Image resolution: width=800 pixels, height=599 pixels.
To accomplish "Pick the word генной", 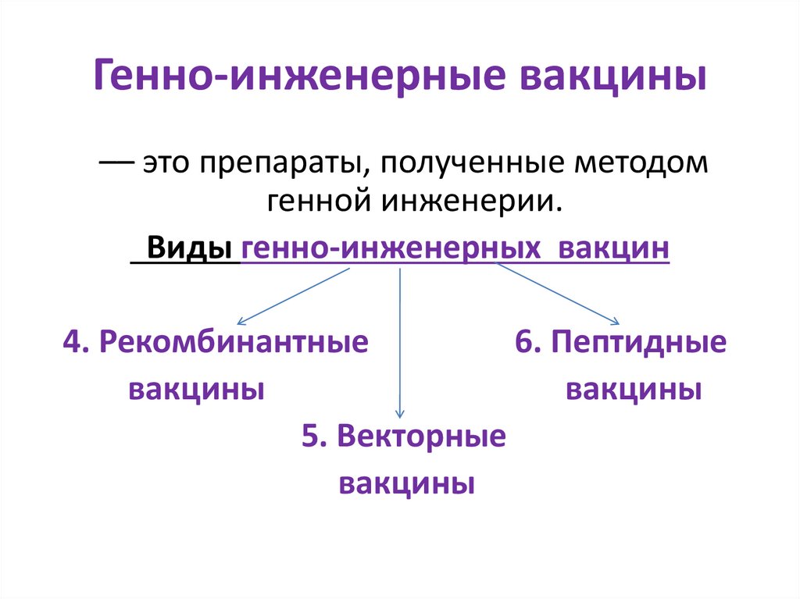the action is pyautogui.click(x=320, y=201).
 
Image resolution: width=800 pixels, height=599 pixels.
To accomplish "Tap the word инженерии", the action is pyautogui.click(x=472, y=201).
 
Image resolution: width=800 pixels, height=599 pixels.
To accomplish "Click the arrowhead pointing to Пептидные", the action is pyautogui.click(x=616, y=321).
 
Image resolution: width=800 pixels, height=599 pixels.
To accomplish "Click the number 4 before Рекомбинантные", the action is pyautogui.click(x=73, y=342).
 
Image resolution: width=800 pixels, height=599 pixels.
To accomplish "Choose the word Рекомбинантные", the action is pyautogui.click(x=234, y=342).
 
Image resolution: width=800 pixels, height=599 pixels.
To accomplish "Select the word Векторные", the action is pyautogui.click(x=422, y=437).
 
